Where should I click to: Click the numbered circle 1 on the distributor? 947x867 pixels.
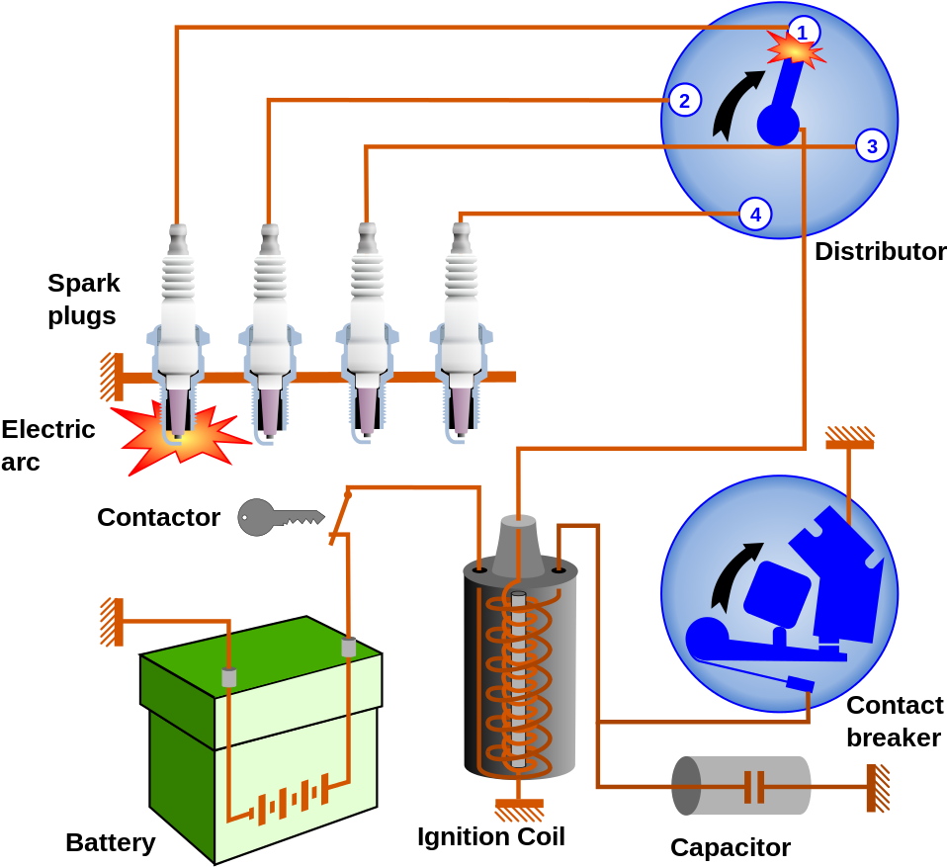803,33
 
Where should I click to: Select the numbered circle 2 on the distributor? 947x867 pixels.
684,101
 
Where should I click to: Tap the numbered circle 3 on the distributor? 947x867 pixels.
871,146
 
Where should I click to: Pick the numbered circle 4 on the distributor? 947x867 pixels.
755,214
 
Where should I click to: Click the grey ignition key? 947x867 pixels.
277,517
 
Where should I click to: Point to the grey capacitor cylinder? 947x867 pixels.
741,786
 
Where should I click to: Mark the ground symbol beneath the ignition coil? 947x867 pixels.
519,810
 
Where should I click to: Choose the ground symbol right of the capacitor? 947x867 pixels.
877,788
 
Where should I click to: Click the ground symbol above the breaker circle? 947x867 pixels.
850,437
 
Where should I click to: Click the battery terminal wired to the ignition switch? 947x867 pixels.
348,648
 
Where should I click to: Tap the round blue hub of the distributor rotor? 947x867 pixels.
778,126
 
